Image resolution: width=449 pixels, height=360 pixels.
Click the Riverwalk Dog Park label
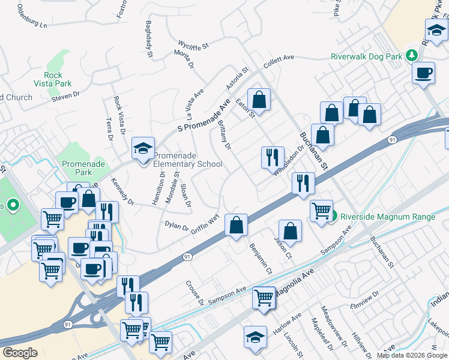point(366,57)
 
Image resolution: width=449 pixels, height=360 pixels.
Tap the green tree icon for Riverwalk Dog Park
point(411,56)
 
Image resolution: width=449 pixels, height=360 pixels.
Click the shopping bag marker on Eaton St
point(259,99)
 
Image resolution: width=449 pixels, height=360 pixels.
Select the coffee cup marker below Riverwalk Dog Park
point(424,73)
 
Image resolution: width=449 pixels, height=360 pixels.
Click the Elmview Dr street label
point(373,300)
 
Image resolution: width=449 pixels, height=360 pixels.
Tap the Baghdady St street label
point(149,35)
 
